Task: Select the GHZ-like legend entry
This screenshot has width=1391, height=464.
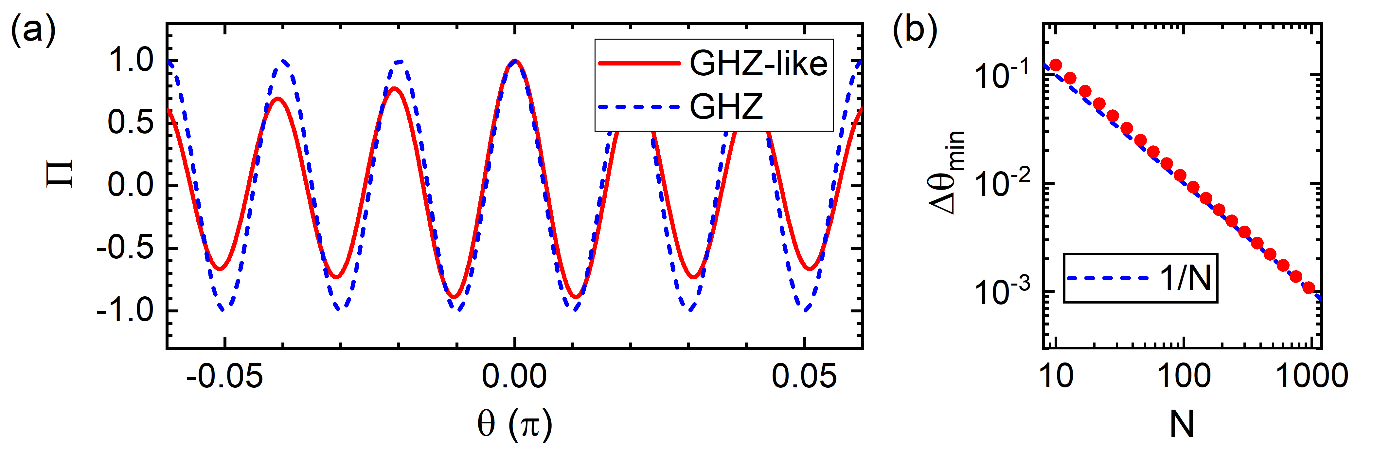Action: [758, 64]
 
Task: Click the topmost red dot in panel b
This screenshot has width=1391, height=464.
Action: [1055, 65]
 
